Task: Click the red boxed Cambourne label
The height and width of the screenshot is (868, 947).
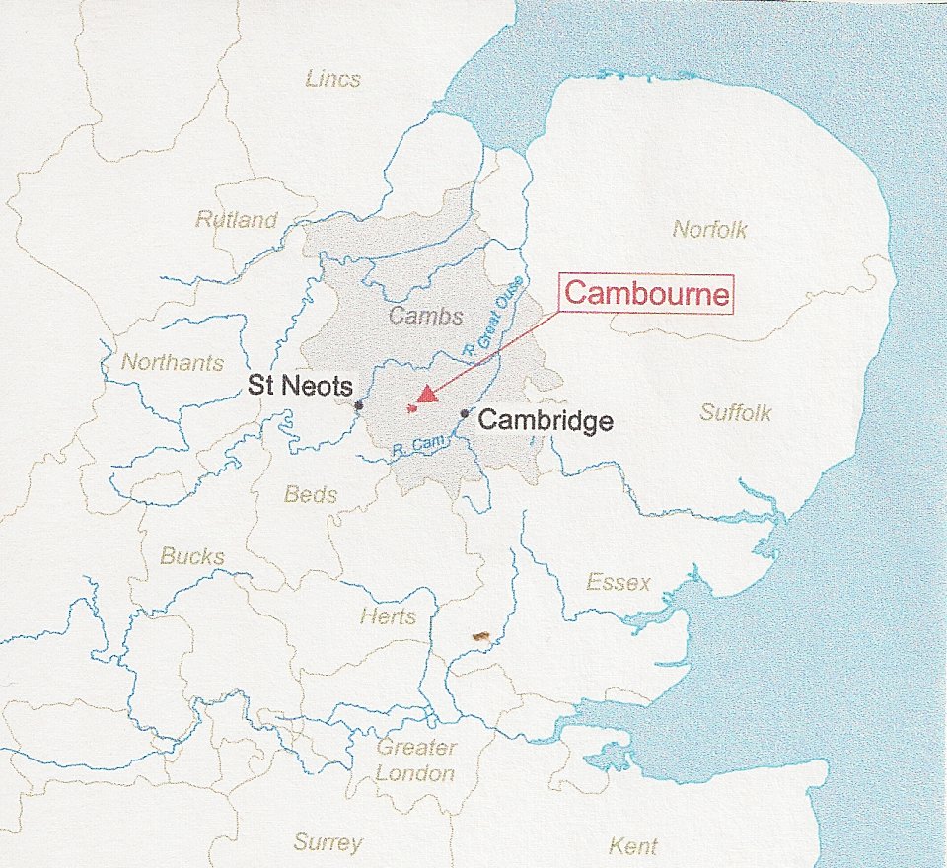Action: pos(649,294)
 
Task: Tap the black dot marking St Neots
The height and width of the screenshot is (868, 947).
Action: pos(359,405)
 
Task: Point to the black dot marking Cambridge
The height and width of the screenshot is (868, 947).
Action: pos(465,414)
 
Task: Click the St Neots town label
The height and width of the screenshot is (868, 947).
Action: pos(294,385)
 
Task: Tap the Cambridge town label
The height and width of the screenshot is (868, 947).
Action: pos(546,422)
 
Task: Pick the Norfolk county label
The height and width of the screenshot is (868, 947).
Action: pos(710,230)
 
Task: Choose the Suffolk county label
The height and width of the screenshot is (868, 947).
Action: pos(736,412)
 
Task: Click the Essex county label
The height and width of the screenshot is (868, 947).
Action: pos(619,582)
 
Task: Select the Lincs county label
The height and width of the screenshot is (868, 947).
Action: pos(332,79)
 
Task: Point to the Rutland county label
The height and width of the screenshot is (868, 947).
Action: pos(236,219)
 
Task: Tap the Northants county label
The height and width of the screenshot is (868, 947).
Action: pos(173,362)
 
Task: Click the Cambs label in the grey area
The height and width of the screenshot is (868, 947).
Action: pos(425,316)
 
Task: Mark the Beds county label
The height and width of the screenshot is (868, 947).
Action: pos(311,494)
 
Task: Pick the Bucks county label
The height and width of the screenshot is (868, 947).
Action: pos(192,556)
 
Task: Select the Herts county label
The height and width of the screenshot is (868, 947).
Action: pos(388,616)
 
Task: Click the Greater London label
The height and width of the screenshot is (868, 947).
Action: pos(415,760)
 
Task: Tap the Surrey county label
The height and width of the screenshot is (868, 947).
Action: pos(328,842)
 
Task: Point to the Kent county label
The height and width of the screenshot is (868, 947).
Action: pos(632,846)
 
